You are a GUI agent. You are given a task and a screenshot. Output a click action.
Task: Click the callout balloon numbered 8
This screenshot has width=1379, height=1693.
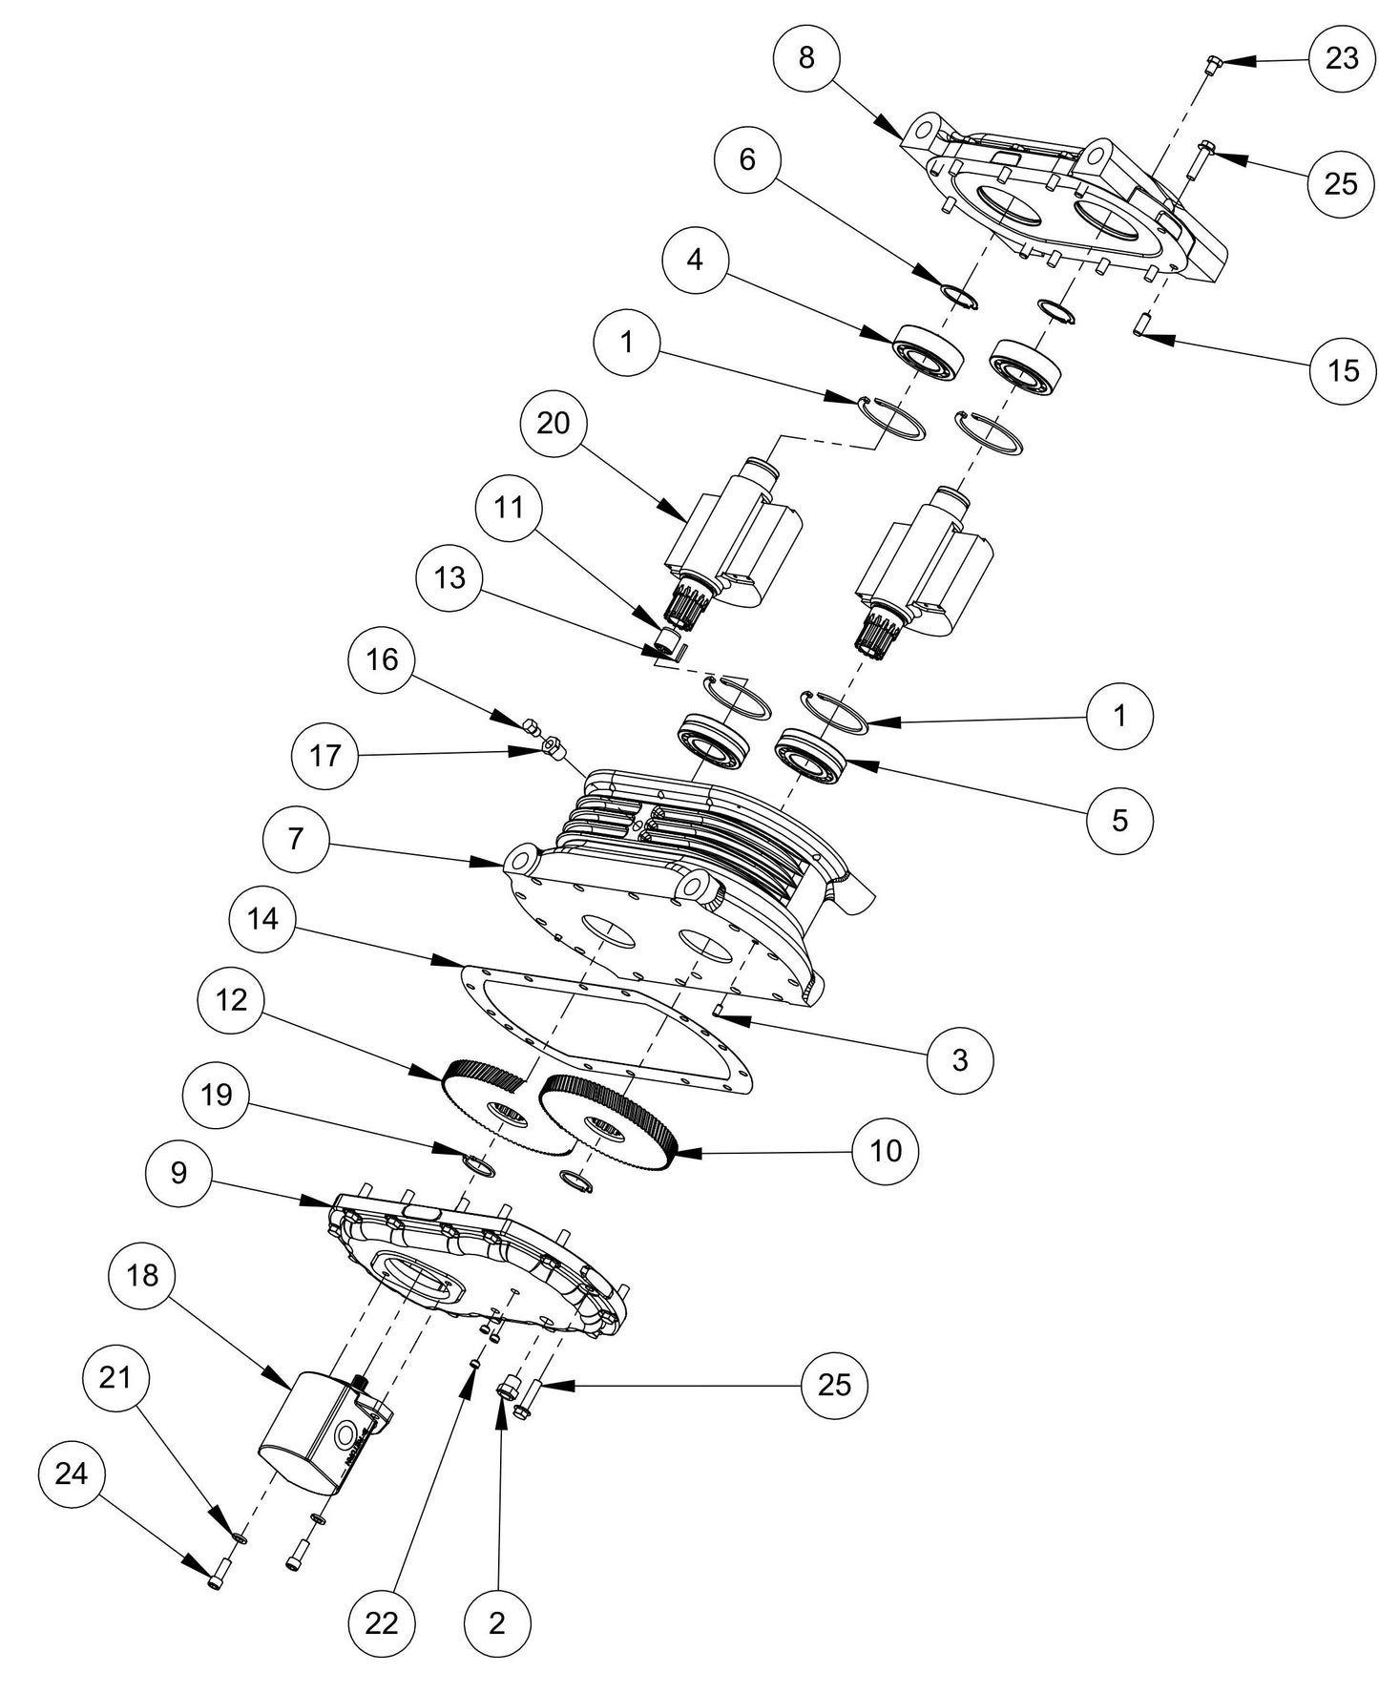[807, 57]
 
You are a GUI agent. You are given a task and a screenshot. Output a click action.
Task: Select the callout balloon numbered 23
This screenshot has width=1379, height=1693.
[1342, 58]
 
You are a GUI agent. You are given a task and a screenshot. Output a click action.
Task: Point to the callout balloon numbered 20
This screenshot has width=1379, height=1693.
[554, 422]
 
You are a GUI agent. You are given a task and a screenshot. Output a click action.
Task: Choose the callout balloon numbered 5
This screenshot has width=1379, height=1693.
[1119, 819]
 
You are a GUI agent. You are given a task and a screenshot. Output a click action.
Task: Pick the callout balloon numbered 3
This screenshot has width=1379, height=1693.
[960, 1059]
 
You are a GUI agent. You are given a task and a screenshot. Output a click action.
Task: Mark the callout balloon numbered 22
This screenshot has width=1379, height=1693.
[382, 1622]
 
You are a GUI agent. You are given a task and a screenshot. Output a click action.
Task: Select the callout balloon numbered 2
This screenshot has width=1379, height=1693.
[496, 1622]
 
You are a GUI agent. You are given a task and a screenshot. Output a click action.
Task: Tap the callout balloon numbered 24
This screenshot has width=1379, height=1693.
[73, 1474]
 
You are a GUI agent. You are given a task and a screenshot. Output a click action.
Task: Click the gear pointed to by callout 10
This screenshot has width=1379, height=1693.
[611, 1121]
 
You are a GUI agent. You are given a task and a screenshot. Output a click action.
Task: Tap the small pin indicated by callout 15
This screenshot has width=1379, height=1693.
[1139, 324]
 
